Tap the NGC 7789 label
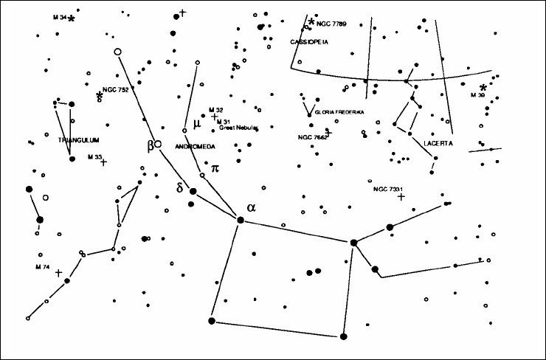333,24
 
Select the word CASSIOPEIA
308,42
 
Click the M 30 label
478,95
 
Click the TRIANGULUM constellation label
77,139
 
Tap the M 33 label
94,157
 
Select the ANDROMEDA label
195,147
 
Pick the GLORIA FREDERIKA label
339,112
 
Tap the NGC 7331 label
388,190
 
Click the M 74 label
43,266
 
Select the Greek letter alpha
252,208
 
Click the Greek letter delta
180,187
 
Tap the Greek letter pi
215,168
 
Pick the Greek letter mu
197,123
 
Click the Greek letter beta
151,144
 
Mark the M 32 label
215,109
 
